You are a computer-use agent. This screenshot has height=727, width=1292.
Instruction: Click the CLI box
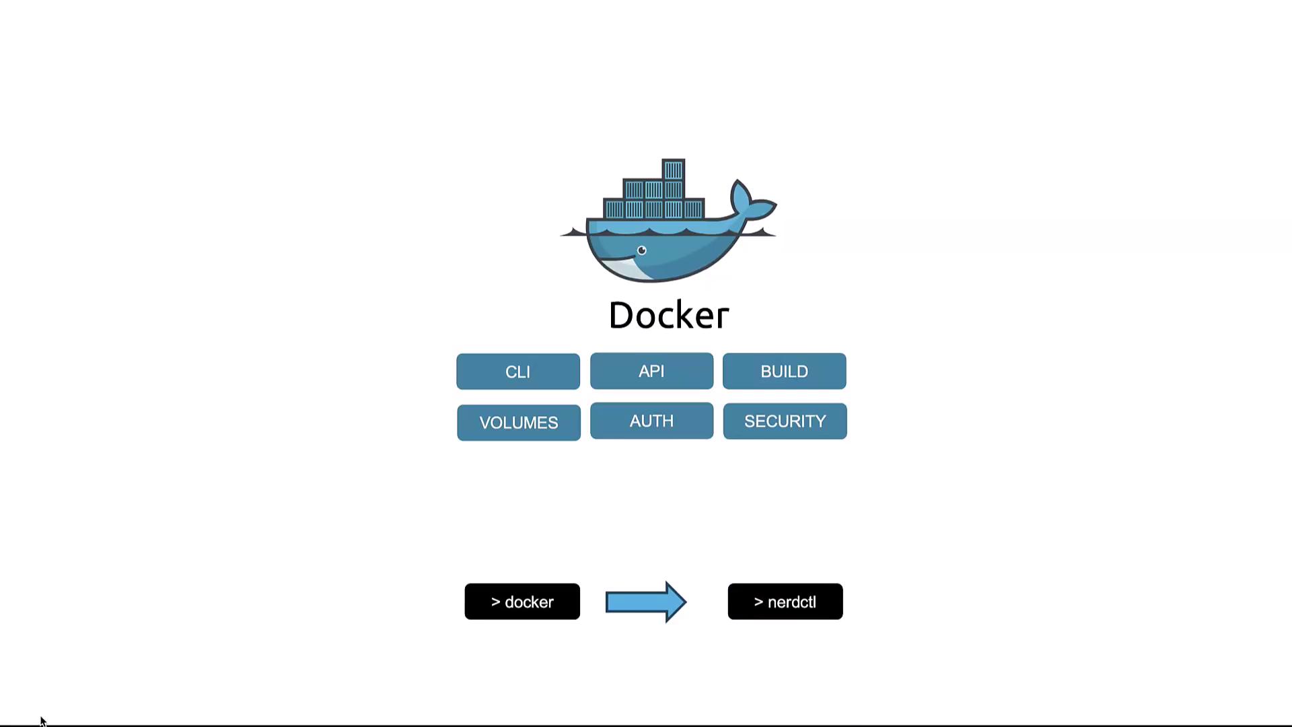(x=517, y=372)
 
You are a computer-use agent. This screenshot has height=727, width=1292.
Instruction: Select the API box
(x=651, y=371)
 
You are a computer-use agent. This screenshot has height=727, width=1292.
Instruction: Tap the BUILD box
(x=784, y=371)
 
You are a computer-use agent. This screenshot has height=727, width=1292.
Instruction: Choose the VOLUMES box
(x=518, y=423)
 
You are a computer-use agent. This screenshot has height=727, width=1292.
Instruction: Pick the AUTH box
(x=651, y=421)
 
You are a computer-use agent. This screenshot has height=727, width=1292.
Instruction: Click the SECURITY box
(x=785, y=421)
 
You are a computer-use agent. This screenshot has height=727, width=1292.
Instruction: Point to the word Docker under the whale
(x=669, y=315)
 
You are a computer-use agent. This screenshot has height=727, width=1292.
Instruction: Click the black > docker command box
(x=522, y=602)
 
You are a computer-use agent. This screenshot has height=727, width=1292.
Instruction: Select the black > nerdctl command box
(x=785, y=602)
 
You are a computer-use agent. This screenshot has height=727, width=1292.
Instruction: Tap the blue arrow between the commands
(x=645, y=602)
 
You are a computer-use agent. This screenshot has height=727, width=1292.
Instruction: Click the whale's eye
(x=642, y=251)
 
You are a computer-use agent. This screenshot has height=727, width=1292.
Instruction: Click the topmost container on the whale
(x=674, y=170)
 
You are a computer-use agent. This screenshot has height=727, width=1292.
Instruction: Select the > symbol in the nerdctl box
(x=758, y=602)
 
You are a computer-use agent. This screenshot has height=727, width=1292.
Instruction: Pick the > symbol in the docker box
(x=495, y=602)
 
